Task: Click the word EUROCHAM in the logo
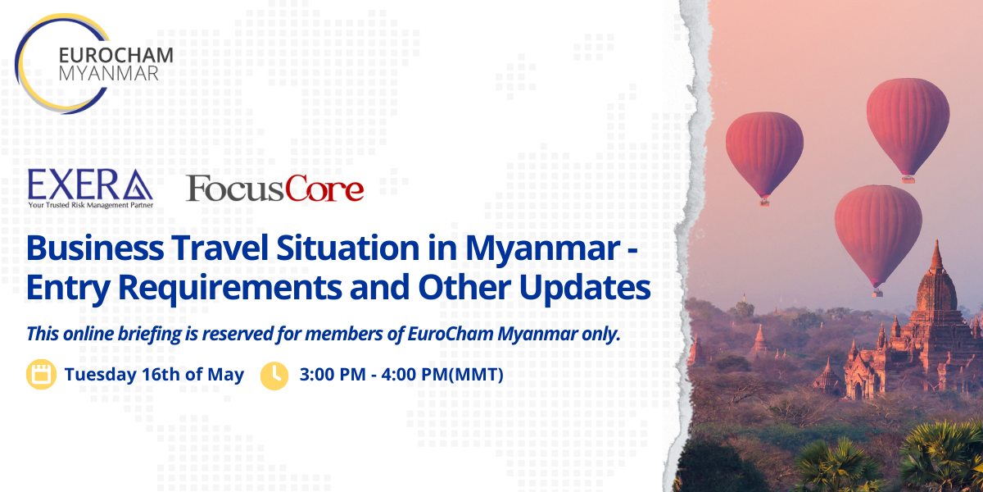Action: pyautogui.click(x=116, y=56)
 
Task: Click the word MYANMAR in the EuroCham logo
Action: pyautogui.click(x=108, y=74)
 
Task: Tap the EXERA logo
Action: pyautogui.click(x=90, y=189)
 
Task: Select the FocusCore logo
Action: pyautogui.click(x=275, y=189)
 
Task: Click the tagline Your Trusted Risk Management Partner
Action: pyautogui.click(x=91, y=205)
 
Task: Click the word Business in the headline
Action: pyautogui.click(x=95, y=248)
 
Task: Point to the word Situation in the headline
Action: pyautogui.click(x=348, y=248)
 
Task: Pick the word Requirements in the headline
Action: pyautogui.click(x=229, y=288)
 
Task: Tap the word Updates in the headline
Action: pyautogui.click(x=585, y=288)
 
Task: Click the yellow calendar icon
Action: pyautogui.click(x=41, y=374)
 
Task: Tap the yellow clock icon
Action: pyautogui.click(x=274, y=376)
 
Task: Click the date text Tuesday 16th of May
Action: pyautogui.click(x=154, y=375)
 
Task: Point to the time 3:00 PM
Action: pyautogui.click(x=333, y=374)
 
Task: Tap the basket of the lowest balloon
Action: pyautogui.click(x=877, y=292)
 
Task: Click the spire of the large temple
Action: pyautogui.click(x=936, y=256)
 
